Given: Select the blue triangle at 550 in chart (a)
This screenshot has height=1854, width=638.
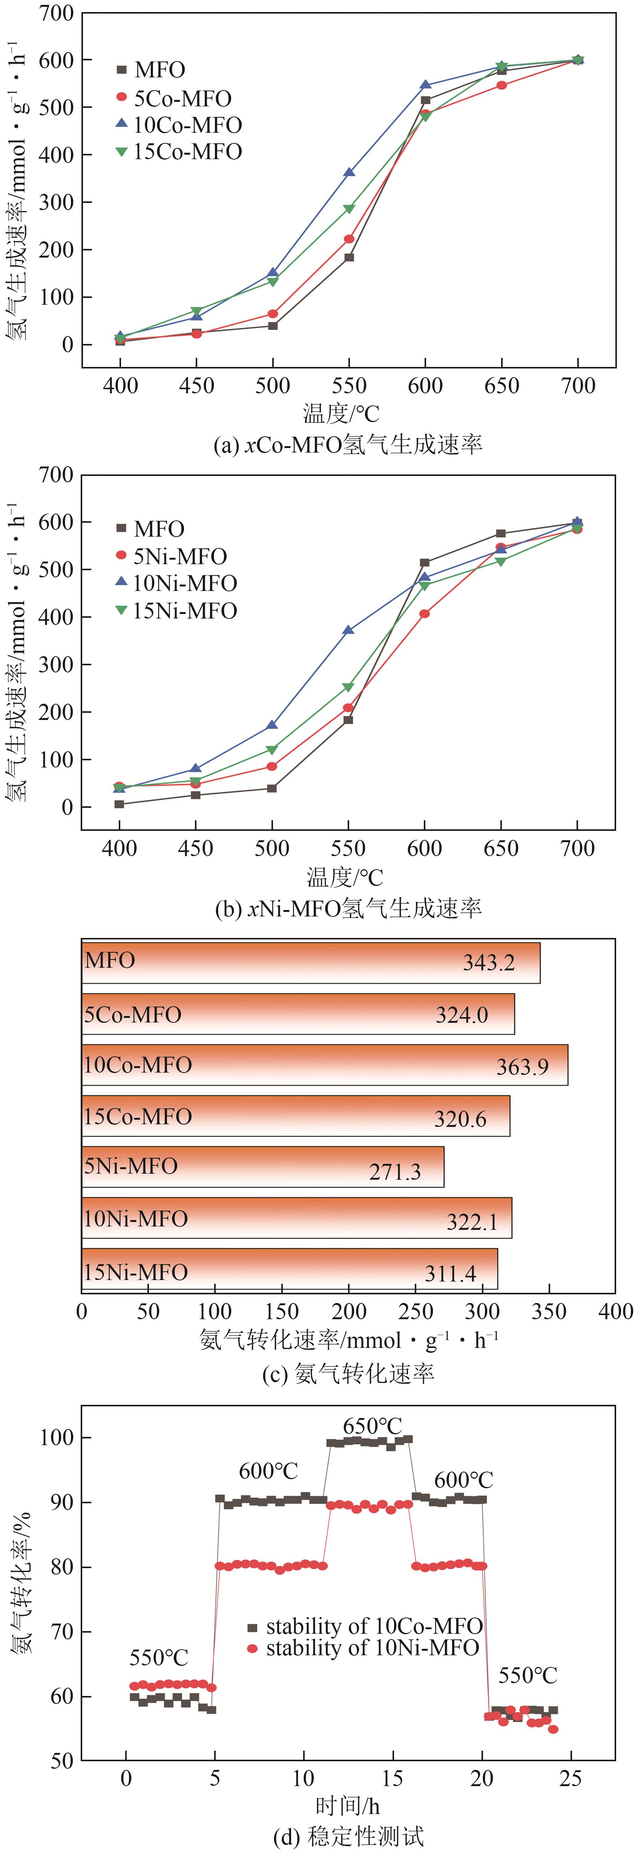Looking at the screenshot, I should [349, 173].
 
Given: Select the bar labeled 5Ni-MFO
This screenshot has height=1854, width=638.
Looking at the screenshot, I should [262, 1166].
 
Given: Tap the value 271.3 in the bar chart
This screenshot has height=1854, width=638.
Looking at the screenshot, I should [395, 1172].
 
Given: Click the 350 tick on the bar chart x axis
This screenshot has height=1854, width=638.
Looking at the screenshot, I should [549, 1311].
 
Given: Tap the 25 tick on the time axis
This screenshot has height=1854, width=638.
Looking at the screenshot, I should [571, 1779].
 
